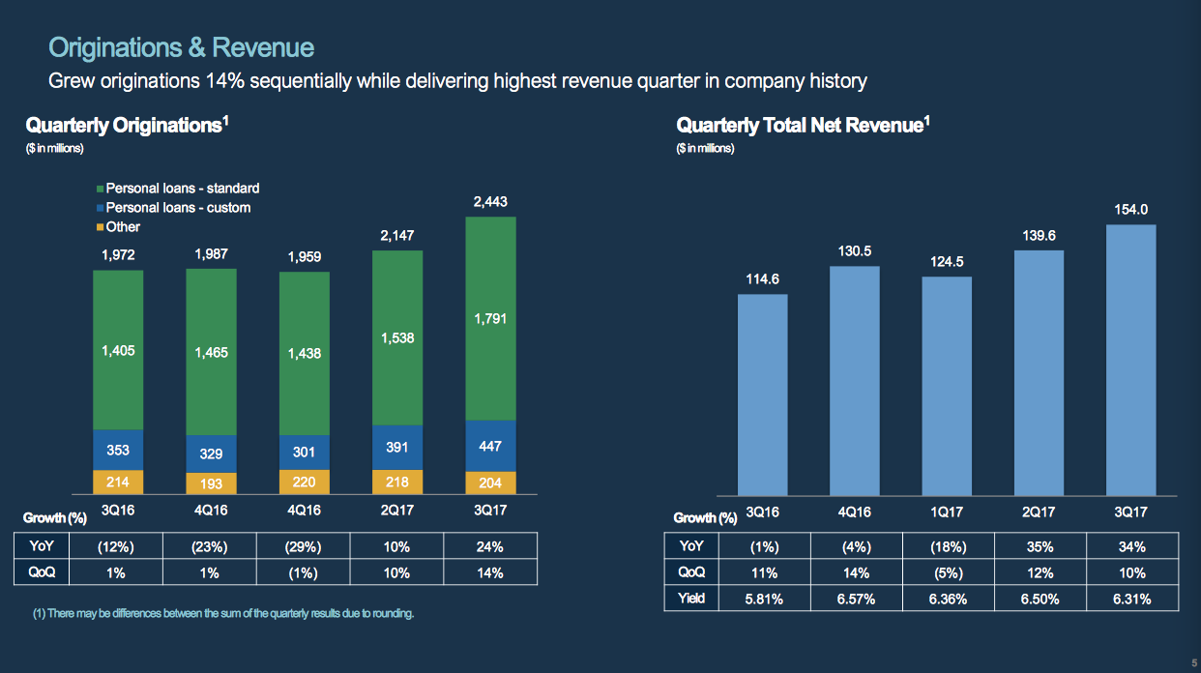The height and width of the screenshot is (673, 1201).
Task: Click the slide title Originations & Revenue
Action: (x=181, y=48)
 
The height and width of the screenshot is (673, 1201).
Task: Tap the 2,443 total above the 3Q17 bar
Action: (x=490, y=202)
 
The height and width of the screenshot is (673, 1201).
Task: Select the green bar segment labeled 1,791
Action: (x=490, y=318)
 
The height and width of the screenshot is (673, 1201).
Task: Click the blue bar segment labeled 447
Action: (x=490, y=447)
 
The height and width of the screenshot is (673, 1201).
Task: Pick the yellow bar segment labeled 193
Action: (x=211, y=483)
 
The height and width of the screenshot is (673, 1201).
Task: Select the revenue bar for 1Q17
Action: (x=947, y=387)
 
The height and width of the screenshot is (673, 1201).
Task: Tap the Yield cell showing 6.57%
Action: (x=855, y=599)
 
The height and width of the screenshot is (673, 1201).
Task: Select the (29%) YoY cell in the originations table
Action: (x=304, y=547)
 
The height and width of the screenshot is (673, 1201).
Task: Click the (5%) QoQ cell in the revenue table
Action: (x=947, y=572)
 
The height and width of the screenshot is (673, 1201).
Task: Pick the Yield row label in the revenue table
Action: (x=691, y=599)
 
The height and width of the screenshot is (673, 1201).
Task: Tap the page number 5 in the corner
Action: (x=1193, y=662)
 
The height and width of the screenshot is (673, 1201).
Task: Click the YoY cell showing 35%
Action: (x=1039, y=546)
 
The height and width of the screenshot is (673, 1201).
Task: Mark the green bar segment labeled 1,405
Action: (x=118, y=351)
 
